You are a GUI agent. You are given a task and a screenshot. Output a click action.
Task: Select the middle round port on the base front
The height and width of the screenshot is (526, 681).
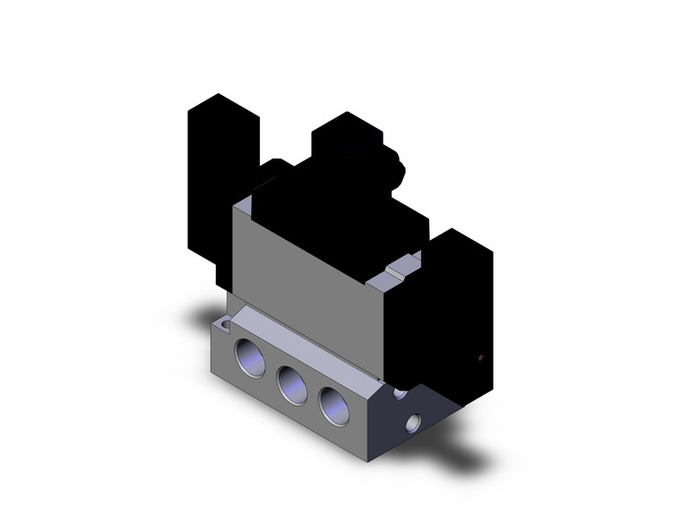pos(291,384)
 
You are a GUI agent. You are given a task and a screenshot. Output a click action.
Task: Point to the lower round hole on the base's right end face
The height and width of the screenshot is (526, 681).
pos(413,421)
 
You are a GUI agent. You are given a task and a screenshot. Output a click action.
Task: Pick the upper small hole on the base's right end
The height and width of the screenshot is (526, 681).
pos(400,392)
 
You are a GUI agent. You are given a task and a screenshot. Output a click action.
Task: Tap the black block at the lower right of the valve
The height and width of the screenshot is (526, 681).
pos(448,314)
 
